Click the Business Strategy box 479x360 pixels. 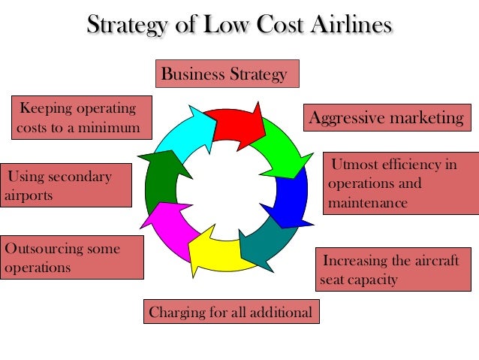click(226, 74)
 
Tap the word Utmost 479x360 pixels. click(356, 164)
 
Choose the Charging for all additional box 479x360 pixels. click(230, 312)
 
